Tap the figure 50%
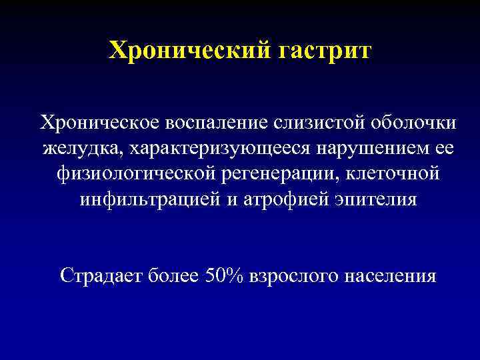(224, 275)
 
